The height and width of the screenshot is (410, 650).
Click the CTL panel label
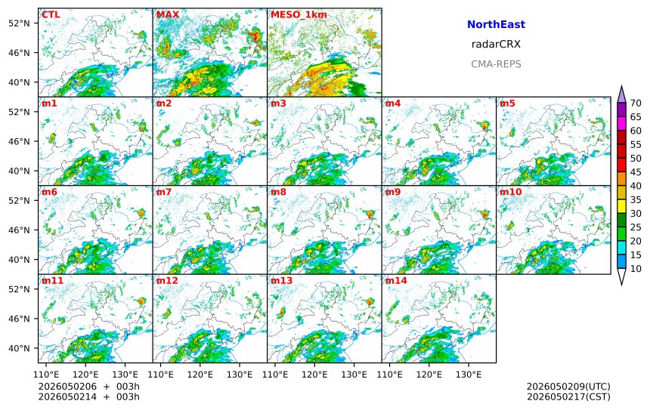pos(51,15)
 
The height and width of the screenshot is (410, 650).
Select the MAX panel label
pos(168,15)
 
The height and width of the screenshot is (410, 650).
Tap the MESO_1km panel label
pos(299,15)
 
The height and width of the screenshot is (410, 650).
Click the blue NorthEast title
pos(496,24)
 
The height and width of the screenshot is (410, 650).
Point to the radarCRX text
pos(496,44)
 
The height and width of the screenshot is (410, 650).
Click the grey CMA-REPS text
pos(496,63)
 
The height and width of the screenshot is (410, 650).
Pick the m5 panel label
pos(507,103)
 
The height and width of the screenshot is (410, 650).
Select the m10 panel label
pos(510,192)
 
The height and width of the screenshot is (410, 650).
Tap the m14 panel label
pos(396,280)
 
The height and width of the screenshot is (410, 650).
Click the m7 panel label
pos(164,192)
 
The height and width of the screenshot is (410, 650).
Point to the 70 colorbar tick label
pos(636,103)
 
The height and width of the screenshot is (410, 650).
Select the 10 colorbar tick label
pos(636,269)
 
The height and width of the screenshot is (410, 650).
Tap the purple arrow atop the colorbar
pos(621,94)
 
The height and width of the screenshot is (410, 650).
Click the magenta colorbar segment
pos(621,123)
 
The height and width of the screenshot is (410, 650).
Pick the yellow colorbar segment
pos(621,206)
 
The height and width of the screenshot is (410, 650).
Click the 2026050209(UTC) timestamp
pos(568,387)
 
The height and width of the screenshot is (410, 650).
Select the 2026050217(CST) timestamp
pos(568,396)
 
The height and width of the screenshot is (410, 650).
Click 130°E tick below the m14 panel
pos(469,375)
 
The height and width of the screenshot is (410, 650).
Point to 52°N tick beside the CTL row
pos(19,23)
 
